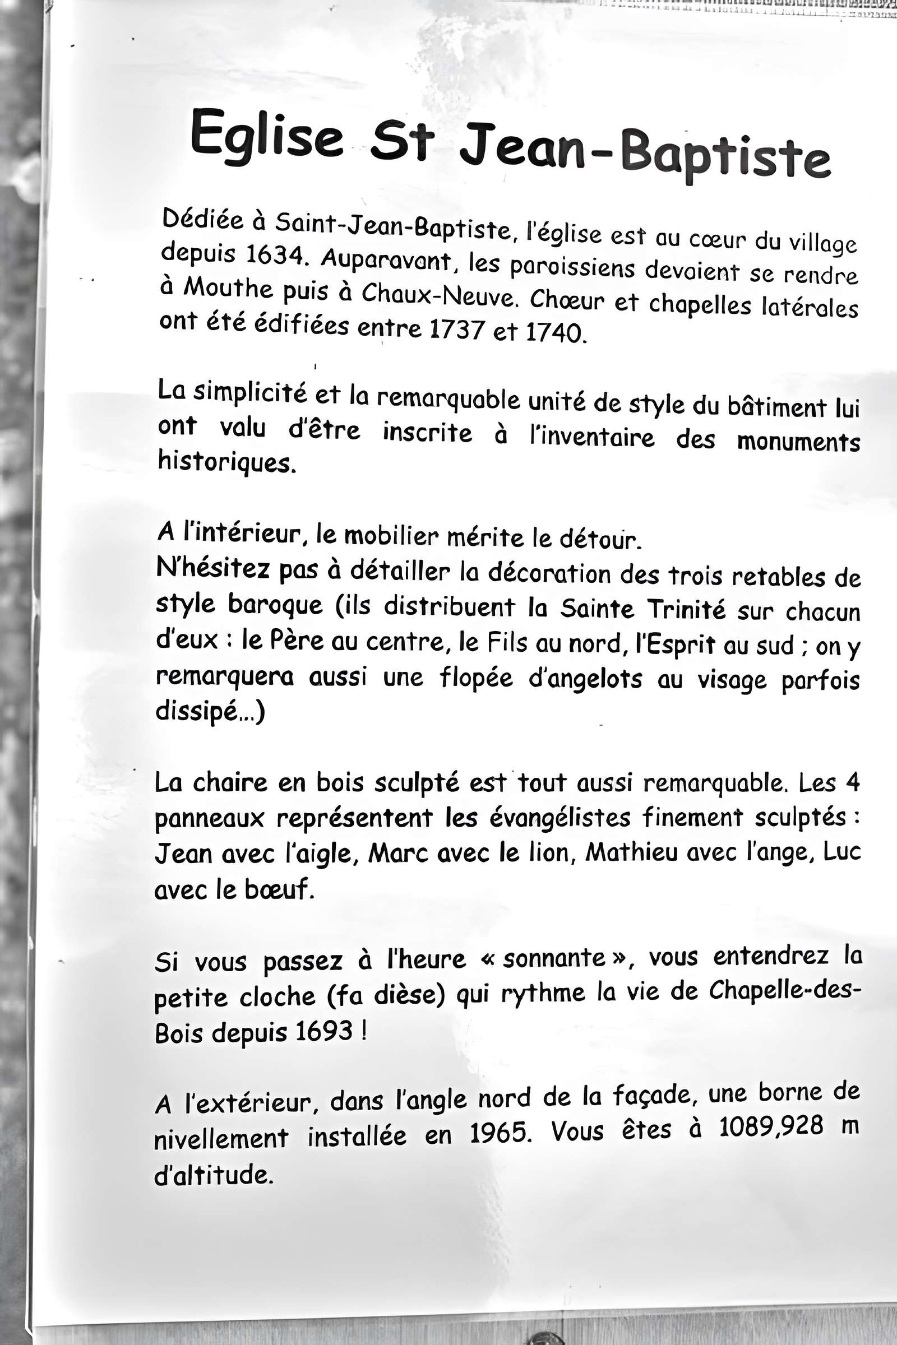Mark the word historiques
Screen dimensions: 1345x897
pos(227,462)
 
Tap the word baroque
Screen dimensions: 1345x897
pos(275,606)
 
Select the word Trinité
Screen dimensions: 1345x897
pos(686,610)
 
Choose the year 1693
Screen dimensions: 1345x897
pos(325,1031)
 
